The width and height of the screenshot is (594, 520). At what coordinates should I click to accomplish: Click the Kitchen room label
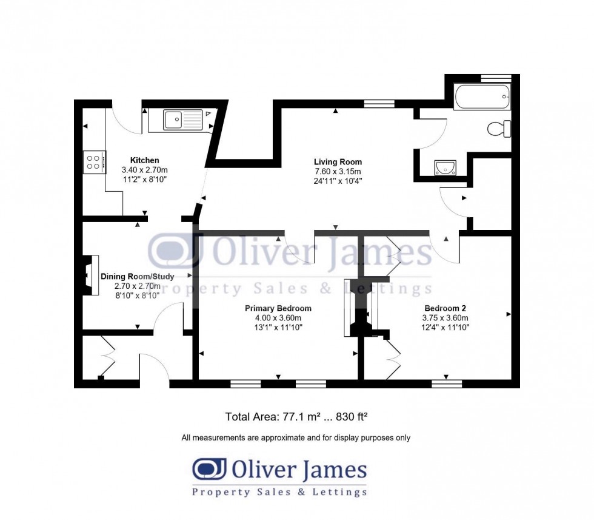[144, 160]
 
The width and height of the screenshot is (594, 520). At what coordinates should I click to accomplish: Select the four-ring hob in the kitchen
[94, 162]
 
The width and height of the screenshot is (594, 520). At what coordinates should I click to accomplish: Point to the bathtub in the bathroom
[482, 96]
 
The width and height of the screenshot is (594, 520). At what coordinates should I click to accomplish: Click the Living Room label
[338, 161]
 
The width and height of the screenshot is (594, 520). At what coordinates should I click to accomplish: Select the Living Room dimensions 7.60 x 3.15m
[338, 171]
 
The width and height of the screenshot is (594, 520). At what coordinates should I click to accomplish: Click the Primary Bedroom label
[278, 308]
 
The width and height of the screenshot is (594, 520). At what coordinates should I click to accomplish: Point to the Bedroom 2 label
[445, 308]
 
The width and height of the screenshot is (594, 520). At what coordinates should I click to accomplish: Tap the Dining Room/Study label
[138, 277]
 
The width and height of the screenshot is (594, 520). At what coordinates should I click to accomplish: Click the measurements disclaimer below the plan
[296, 437]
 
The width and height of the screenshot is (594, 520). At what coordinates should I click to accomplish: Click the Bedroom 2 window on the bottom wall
[447, 383]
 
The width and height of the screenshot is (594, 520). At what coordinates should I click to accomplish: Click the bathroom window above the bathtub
[496, 78]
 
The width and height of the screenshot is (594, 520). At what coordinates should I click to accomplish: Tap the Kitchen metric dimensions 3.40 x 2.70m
[144, 170]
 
